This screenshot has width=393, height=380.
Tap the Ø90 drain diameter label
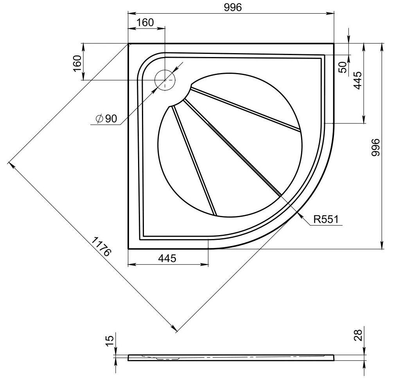(106, 119)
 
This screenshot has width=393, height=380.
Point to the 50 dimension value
(343, 67)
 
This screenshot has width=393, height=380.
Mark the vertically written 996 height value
(375, 148)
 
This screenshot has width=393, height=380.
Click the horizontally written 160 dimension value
(145, 23)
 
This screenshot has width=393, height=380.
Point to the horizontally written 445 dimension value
(167, 258)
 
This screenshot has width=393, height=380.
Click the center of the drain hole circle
(165, 80)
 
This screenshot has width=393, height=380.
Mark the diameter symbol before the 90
(99, 119)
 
